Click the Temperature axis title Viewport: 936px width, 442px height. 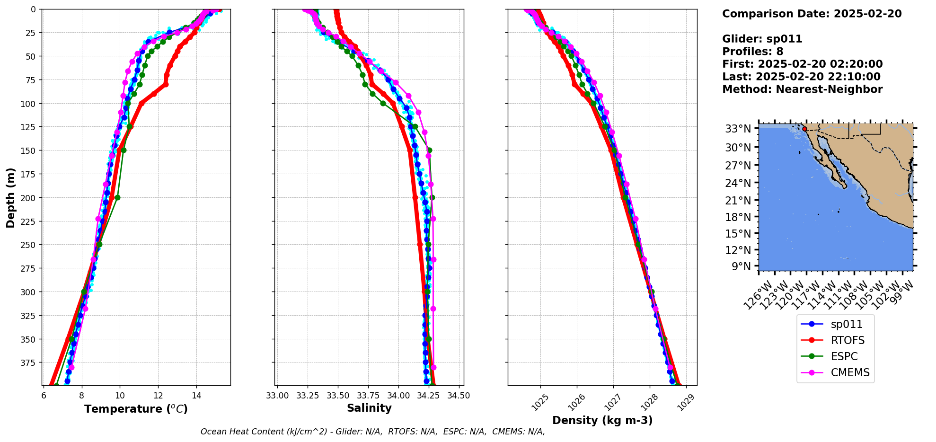[x=136, y=409]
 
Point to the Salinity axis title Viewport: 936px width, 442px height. [x=369, y=408]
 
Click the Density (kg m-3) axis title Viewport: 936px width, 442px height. [x=602, y=420]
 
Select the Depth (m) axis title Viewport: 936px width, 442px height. [x=10, y=197]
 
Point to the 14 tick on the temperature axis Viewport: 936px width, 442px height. [x=196, y=396]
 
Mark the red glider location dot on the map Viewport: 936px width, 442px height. [x=804, y=129]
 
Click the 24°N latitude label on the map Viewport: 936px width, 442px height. [x=738, y=183]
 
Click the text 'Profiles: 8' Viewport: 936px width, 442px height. [x=752, y=52]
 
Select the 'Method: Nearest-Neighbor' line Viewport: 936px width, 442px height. [x=802, y=89]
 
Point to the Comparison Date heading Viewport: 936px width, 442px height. [x=812, y=14]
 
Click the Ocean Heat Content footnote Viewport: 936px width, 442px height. [x=372, y=432]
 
